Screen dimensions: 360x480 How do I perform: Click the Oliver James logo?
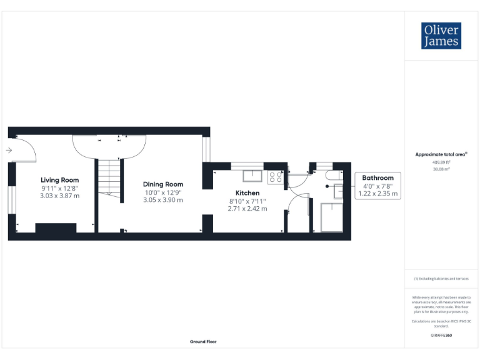point(441,36)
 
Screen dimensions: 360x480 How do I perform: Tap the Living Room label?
point(60,179)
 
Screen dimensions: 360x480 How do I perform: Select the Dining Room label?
point(163,184)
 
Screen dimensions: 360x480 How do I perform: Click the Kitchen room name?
point(247,193)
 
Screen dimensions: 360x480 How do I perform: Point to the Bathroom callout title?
point(378,178)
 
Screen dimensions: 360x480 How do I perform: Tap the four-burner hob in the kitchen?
point(276,177)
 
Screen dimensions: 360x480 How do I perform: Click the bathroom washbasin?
point(338,191)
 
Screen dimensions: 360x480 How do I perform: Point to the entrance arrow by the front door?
point(8,150)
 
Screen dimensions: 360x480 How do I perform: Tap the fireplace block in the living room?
point(56,228)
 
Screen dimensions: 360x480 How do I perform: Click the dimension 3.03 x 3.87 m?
point(61,196)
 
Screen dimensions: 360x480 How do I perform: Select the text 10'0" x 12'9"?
point(163,192)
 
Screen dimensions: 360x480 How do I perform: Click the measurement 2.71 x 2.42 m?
point(247,209)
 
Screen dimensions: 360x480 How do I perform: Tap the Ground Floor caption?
point(203,342)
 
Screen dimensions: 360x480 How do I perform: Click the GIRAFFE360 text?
point(441,336)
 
